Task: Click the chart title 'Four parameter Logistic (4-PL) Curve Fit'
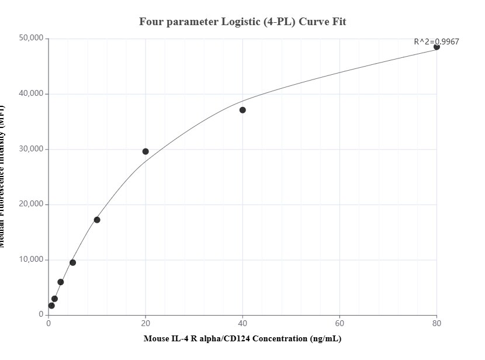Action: coord(243,22)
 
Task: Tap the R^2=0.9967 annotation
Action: coord(436,41)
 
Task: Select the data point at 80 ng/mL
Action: coord(437,47)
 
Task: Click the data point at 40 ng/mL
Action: coord(243,110)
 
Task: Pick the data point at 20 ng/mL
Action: coord(145,151)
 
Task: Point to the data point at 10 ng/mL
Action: coord(97,220)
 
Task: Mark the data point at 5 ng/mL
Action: coord(72,262)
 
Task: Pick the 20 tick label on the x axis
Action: coord(145,323)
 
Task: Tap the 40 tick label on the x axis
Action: coord(243,323)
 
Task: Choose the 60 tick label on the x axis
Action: coord(340,323)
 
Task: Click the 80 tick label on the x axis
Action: coord(437,323)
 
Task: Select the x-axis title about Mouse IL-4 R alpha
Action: coord(243,339)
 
